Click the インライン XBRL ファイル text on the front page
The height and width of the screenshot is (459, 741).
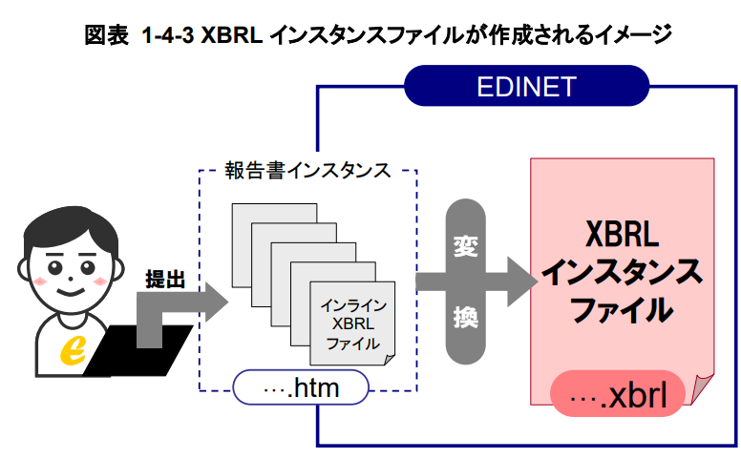point(352,324)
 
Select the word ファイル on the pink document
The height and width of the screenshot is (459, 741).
point(621,309)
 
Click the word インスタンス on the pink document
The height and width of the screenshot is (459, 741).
point(621,272)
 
